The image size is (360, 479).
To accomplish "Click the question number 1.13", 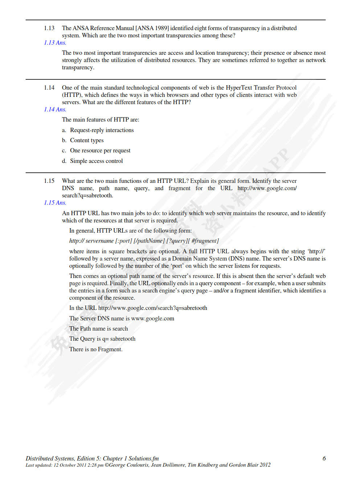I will coord(49,28).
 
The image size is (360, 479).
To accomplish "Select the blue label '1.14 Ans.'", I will coord(55,110).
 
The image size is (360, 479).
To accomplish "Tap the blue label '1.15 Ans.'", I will coord(55,203).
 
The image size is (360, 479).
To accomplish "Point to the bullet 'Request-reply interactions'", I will coord(102,130).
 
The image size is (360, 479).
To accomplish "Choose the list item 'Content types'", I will coord(87,140).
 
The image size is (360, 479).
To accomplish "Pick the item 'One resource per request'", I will coord(100,151).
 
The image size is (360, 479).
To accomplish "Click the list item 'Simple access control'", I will coord(96,161).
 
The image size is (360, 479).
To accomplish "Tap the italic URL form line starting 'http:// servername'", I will coord(144,241).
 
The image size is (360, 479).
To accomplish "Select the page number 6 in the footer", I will coord(324,459).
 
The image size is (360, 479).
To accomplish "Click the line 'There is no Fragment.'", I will coord(96,349).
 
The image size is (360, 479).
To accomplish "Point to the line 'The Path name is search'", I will coord(98,329).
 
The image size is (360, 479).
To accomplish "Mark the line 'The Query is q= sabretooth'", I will coord(102,339).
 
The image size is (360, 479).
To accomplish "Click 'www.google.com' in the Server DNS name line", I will coord(152,319).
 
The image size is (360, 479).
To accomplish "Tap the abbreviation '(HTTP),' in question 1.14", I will coord(72,95).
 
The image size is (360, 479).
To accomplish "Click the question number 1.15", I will coord(49,181).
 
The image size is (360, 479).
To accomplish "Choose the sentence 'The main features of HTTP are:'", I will coord(101,120).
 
